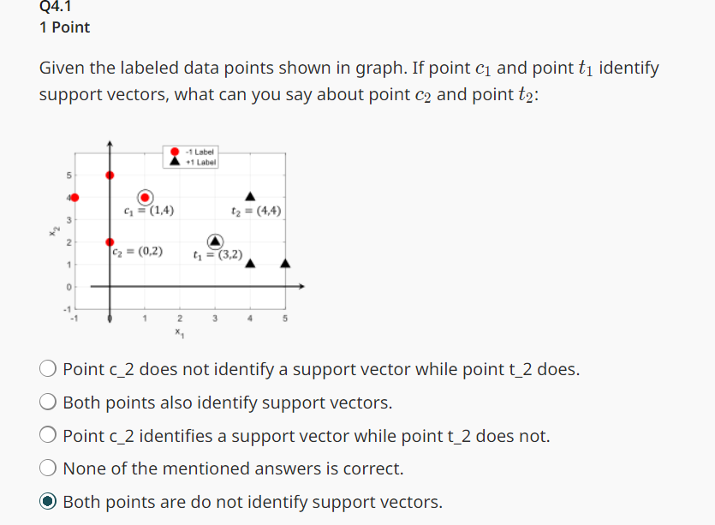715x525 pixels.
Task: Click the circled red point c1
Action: tap(145, 197)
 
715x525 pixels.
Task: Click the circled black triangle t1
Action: tap(216, 241)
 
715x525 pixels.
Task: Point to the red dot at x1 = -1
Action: tap(74, 197)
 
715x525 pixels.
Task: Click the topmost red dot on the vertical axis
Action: tap(109, 175)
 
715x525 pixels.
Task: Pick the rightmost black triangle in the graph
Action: tap(286, 263)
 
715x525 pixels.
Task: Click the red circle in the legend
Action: tap(176, 152)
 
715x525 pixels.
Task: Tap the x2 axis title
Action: tap(54, 229)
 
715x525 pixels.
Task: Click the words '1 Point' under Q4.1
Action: tap(64, 27)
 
